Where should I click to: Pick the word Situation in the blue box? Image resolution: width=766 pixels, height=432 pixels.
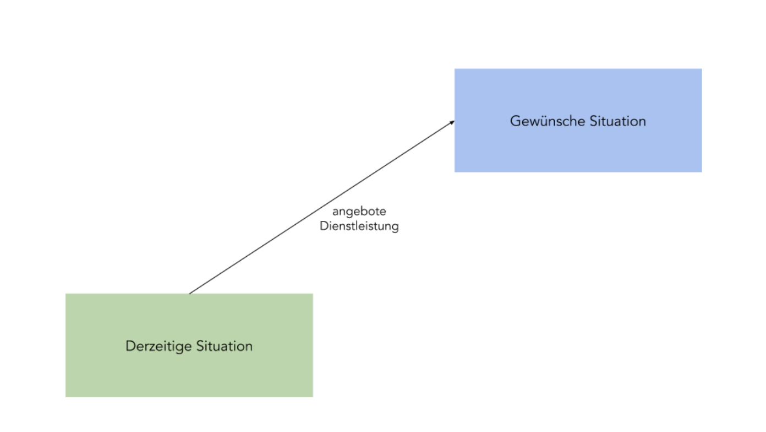point(618,121)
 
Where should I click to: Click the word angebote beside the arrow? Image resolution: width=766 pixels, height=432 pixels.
point(359,212)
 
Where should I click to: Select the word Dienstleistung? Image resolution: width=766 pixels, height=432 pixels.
point(359,226)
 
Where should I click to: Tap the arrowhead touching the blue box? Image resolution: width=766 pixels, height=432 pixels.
point(451,122)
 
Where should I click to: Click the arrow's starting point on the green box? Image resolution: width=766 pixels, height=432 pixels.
point(190,293)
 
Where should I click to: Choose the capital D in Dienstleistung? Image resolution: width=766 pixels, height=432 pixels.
point(324,226)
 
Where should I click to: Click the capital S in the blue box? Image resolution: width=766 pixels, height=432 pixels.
point(594,121)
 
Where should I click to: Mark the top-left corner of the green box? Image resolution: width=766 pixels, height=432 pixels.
point(66,294)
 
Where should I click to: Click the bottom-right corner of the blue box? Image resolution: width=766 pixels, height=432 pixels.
point(701,171)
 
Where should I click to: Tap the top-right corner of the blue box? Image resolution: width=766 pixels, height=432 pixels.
point(701,69)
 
